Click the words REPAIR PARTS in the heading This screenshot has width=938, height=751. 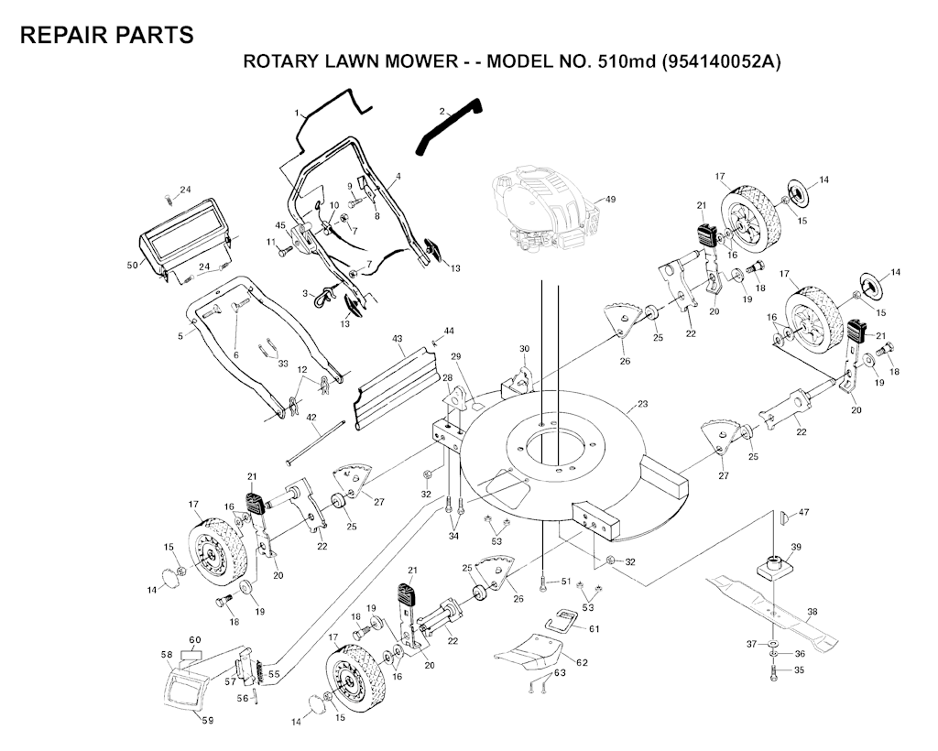pos(106,35)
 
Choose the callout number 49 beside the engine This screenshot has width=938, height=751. pos(610,199)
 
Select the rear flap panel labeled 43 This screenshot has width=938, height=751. pos(395,383)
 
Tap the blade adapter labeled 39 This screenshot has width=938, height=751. pos(773,565)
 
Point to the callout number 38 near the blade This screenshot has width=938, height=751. pos(812,611)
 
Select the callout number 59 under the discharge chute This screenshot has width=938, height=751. pos(208,720)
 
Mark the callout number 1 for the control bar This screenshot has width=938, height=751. pos(297,113)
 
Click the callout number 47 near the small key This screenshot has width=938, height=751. pos(803,512)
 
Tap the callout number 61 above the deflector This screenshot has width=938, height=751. pos(594,628)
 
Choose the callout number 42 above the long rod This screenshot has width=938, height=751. pos(311,418)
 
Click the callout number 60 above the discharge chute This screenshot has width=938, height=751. pos(194,639)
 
